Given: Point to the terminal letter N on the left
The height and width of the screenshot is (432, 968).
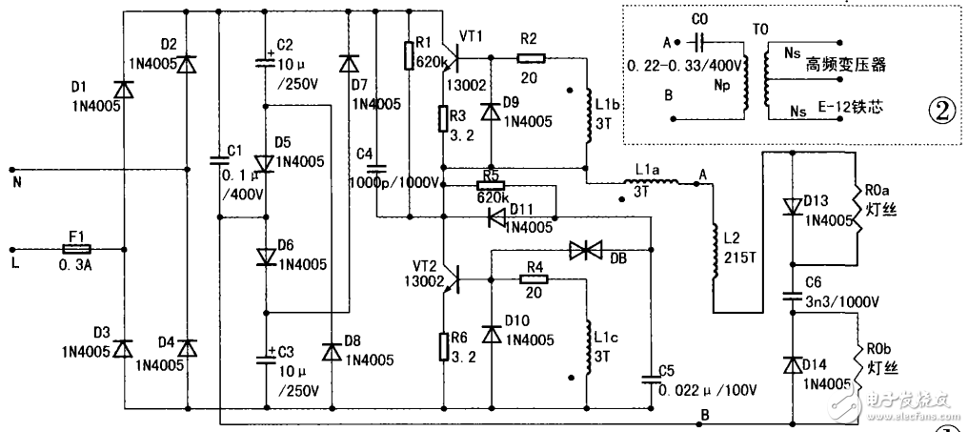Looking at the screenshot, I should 14,177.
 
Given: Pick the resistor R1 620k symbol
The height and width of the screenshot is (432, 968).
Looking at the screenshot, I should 408,56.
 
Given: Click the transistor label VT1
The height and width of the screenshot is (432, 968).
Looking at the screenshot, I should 473,35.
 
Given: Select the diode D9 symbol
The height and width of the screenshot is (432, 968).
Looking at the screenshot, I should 491,110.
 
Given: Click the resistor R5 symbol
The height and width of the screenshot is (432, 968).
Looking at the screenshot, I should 491,186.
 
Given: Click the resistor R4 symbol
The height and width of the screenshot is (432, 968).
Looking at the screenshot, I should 531,278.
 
